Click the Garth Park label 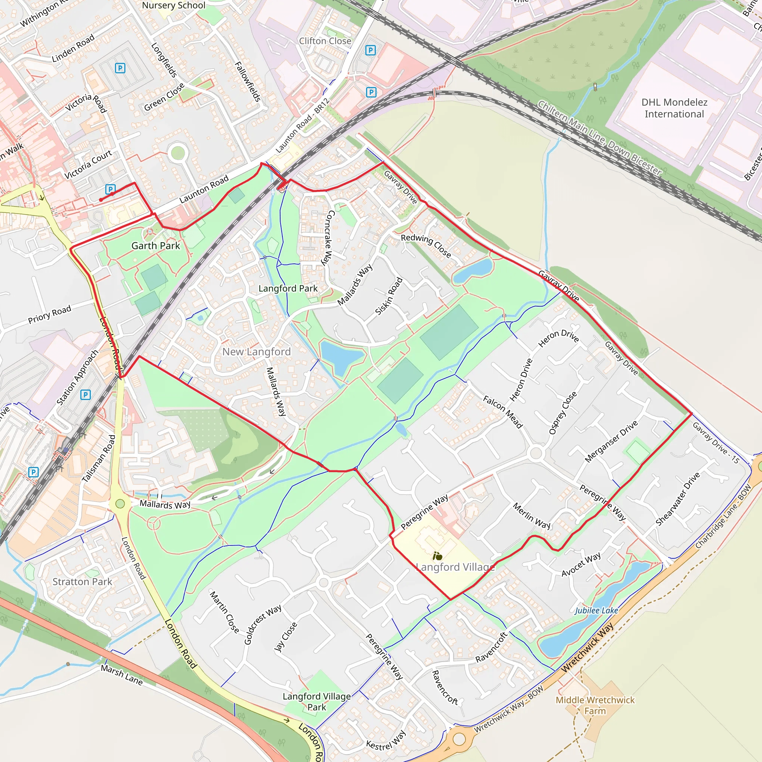(156, 246)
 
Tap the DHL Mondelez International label (674, 108)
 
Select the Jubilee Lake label (596, 611)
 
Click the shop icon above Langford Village (438, 557)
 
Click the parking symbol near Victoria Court (111, 189)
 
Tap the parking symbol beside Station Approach (86, 394)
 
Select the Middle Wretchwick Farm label (595, 705)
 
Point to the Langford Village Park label (317, 702)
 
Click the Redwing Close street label (426, 245)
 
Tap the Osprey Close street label (563, 413)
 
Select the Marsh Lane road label (121, 675)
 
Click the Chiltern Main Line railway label (599, 138)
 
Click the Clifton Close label (324, 41)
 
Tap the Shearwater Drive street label (678, 499)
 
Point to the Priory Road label (50, 314)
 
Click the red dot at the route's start (101, 200)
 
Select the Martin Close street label (224, 612)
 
